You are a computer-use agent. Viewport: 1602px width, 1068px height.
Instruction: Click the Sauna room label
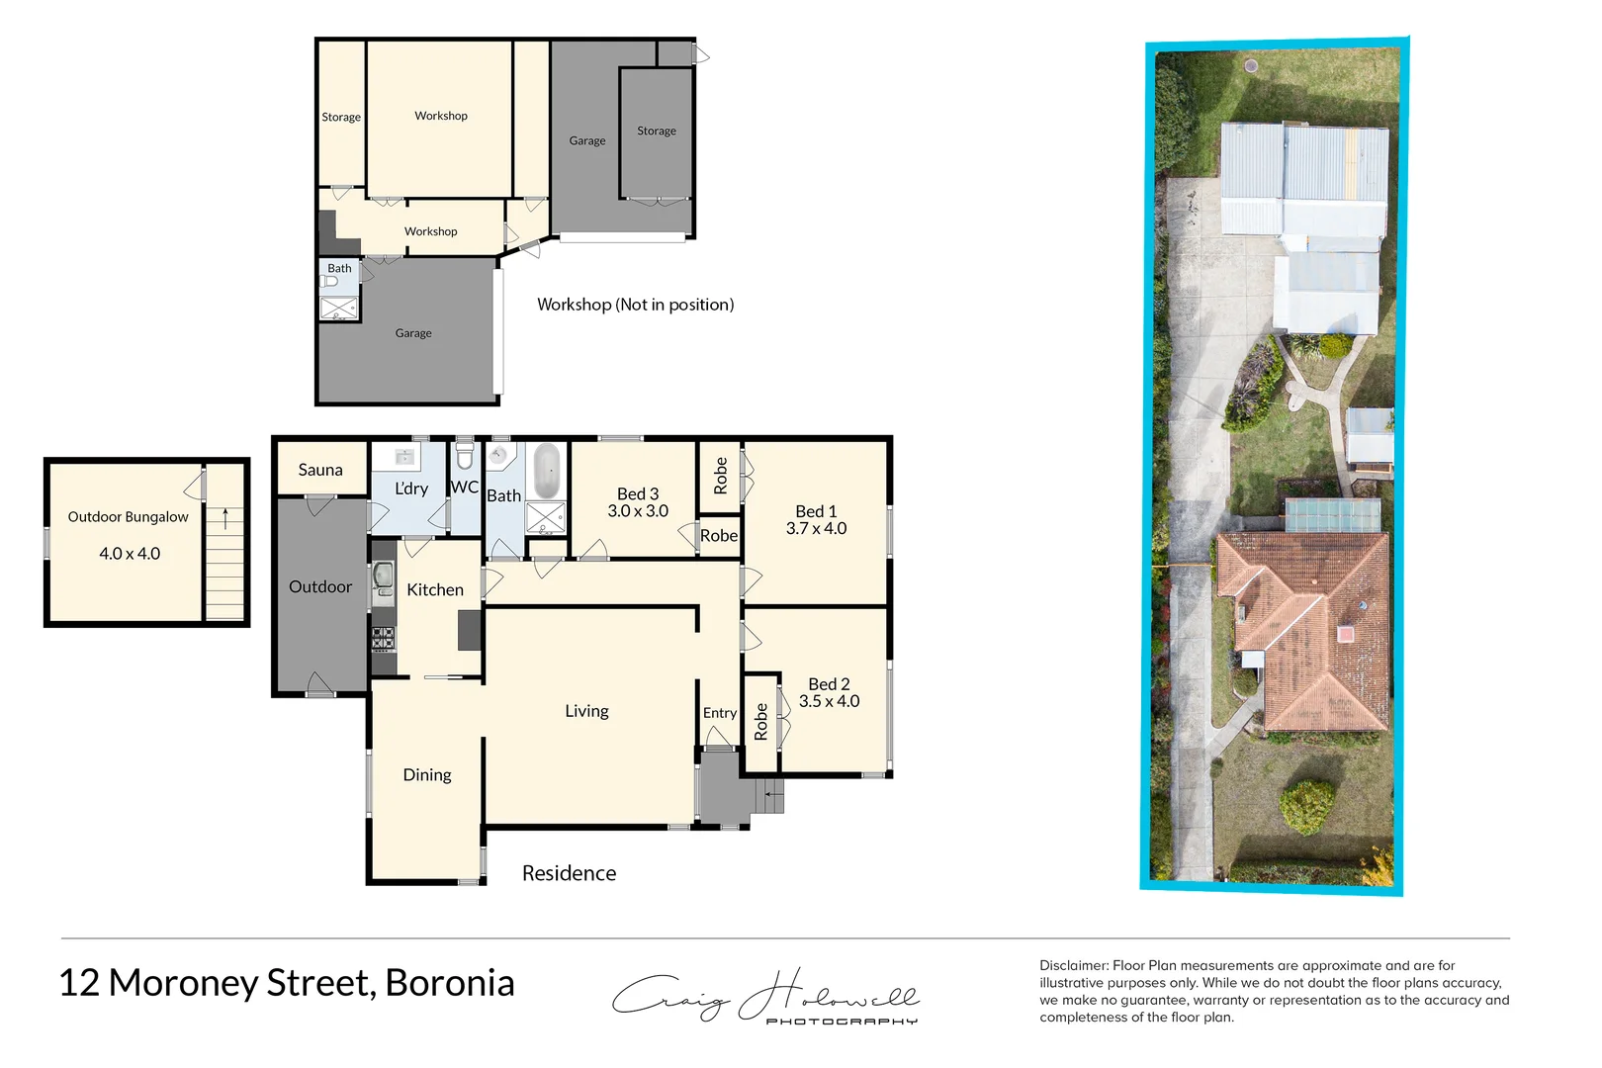pyautogui.click(x=320, y=470)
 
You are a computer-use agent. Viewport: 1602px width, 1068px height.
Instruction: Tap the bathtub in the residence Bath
pyautogui.click(x=546, y=471)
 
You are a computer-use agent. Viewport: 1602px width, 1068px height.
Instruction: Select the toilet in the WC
pyautogui.click(x=465, y=458)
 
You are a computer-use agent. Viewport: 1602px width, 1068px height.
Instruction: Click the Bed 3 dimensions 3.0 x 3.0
pyautogui.click(x=638, y=511)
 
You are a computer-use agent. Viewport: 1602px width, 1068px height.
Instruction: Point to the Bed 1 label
pyautogui.click(x=816, y=511)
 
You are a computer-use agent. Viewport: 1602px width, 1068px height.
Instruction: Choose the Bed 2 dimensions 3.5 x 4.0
pyautogui.click(x=829, y=701)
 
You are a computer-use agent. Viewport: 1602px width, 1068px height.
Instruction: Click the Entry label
pyautogui.click(x=720, y=713)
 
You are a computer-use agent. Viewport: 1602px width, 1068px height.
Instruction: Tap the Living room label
pyautogui.click(x=586, y=711)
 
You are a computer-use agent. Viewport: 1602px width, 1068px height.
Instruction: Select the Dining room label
pyautogui.click(x=427, y=775)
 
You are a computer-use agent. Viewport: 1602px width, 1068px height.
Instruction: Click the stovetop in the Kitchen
pyautogui.click(x=383, y=639)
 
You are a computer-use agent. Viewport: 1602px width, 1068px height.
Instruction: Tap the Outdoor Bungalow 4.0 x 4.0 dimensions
pyautogui.click(x=130, y=554)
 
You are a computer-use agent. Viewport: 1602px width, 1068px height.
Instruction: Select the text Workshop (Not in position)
pyautogui.click(x=635, y=305)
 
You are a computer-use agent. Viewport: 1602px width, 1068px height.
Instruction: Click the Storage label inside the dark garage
pyautogui.click(x=657, y=131)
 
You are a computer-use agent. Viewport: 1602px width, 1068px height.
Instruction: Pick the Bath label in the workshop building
pyautogui.click(x=339, y=268)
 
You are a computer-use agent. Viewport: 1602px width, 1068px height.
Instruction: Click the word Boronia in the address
pyautogui.click(x=450, y=983)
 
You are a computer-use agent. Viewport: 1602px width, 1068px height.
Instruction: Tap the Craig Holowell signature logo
pyautogui.click(x=764, y=995)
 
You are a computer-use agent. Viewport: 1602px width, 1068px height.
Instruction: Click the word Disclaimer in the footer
pyautogui.click(x=1073, y=965)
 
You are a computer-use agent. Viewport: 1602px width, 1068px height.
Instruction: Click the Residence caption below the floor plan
pyautogui.click(x=569, y=873)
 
